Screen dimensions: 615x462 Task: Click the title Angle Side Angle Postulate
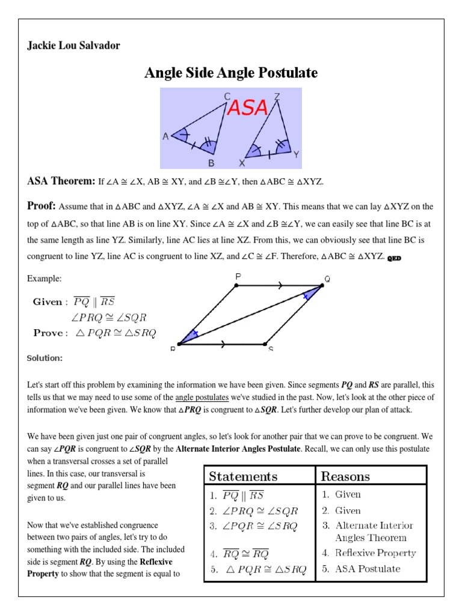click(231, 73)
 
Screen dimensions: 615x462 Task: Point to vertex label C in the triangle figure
click(227, 96)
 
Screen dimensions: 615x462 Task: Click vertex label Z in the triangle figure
click(277, 96)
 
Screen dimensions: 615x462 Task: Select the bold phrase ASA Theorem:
click(61, 181)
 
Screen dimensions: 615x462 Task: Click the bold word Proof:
click(42, 206)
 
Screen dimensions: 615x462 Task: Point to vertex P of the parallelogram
click(238, 276)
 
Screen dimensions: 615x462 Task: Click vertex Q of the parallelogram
click(327, 279)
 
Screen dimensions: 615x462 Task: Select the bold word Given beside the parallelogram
click(47, 301)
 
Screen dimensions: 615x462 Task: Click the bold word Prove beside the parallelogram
click(48, 333)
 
